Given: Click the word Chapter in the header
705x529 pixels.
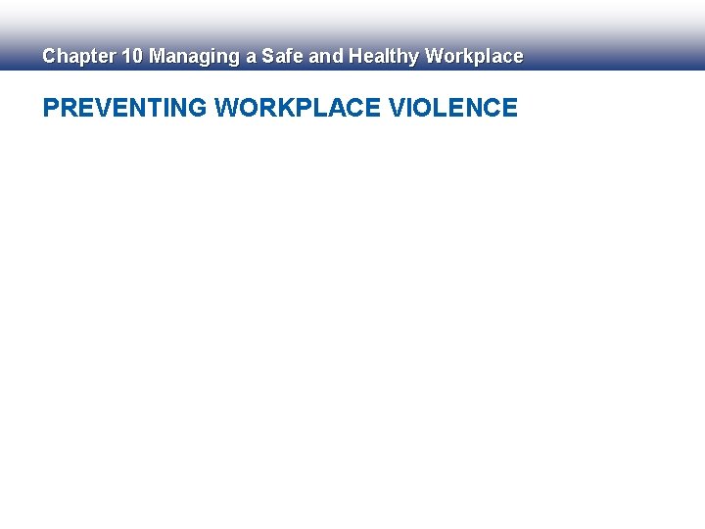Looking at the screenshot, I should (x=78, y=57).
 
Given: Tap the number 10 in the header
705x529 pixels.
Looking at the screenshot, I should (x=132, y=57).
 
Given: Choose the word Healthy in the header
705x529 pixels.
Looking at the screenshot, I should (x=384, y=57).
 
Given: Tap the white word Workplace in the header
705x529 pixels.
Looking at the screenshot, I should (x=474, y=57).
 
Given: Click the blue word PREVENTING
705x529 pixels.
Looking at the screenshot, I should (x=125, y=108).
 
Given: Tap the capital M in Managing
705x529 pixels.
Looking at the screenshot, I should (x=157, y=57).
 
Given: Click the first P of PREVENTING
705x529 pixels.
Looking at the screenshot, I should (x=51, y=108).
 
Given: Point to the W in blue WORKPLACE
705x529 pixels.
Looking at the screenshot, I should (x=227, y=108).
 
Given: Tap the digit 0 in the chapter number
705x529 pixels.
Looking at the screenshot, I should (x=137, y=57).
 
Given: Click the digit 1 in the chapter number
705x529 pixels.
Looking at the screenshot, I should (x=126, y=57).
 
